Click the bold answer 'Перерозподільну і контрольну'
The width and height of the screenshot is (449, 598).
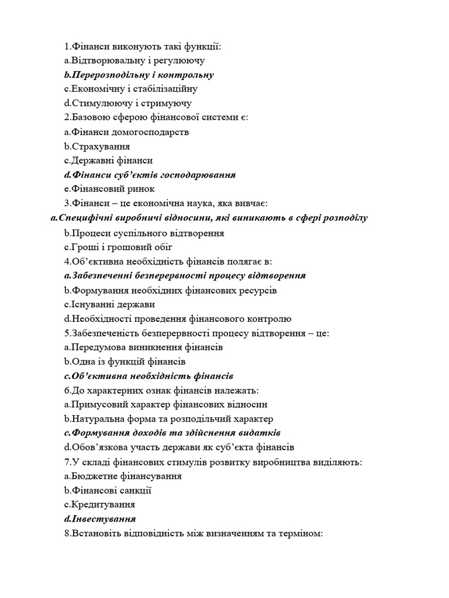tap(139, 75)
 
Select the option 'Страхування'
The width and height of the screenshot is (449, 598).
tap(97, 146)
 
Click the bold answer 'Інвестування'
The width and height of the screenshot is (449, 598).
tap(100, 519)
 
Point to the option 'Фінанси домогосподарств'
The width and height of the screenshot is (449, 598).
tap(127, 132)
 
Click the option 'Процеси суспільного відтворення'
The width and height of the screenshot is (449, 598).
tap(136, 233)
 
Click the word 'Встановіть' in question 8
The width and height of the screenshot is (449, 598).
tap(97, 533)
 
